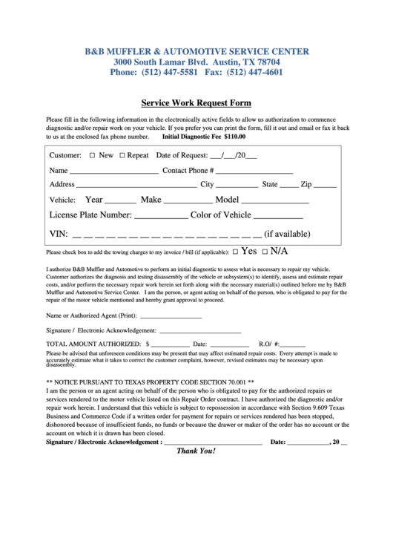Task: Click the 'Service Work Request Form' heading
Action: tap(196, 103)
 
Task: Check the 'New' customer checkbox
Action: tap(92, 156)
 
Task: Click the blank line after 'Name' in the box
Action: tap(113, 172)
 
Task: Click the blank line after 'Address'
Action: tap(136, 186)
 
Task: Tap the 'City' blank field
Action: tap(237, 186)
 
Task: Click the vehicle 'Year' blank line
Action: tap(121, 202)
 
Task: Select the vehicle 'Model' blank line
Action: tap(275, 202)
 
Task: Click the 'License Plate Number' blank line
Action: tap(161, 218)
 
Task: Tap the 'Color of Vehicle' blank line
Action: tap(279, 218)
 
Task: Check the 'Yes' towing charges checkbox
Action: tap(235, 252)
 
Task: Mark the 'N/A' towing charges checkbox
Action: tap(265, 252)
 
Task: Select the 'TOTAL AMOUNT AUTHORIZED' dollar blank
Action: tap(170, 345)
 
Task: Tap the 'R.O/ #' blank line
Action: tap(292, 345)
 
